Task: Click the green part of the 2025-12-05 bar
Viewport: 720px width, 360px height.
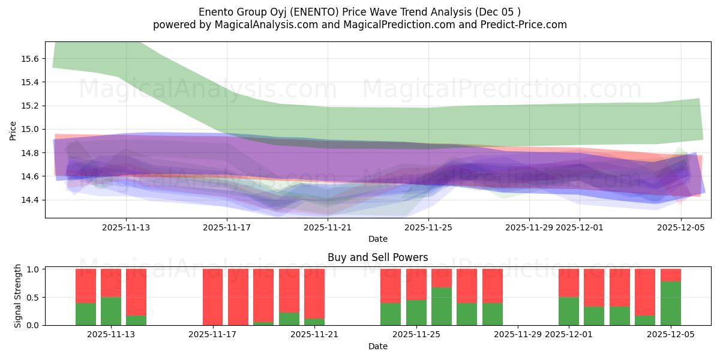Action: [x=670, y=303]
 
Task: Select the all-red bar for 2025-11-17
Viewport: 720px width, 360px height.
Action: [x=212, y=297]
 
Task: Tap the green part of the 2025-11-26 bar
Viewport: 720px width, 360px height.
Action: [x=442, y=306]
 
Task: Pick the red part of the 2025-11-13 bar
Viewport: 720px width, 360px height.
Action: [x=111, y=283]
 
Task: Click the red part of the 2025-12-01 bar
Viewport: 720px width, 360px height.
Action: [x=568, y=283]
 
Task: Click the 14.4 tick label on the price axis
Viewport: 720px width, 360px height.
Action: [x=30, y=200]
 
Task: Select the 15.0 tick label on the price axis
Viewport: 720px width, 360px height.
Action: [x=30, y=129]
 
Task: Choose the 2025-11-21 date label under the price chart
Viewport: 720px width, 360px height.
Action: [x=328, y=227]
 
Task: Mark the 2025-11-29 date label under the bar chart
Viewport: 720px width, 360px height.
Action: [x=517, y=334]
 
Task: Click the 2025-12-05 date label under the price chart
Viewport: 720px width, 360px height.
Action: [x=680, y=227]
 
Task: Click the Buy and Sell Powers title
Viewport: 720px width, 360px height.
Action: [x=377, y=257]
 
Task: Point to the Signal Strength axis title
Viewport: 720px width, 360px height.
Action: [x=18, y=296]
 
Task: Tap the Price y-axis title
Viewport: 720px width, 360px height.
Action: [x=13, y=130]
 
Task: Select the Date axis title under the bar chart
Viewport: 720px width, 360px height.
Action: [x=377, y=346]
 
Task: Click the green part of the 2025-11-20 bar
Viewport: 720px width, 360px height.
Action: [x=289, y=319]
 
